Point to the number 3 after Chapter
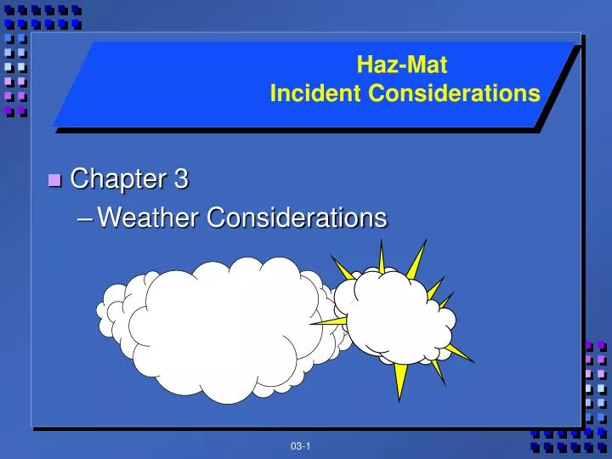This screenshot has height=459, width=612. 181,179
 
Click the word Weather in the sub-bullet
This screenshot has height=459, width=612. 150,218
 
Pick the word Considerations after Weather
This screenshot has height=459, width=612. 297,218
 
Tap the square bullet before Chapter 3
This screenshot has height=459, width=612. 55,180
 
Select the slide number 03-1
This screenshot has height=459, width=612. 299,446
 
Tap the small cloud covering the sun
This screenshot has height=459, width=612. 399,319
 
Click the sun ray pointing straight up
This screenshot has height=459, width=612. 382,255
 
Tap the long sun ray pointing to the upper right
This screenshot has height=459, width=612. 416,260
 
